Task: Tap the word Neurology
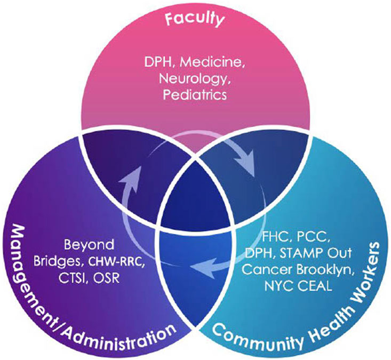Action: (x=192, y=80)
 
